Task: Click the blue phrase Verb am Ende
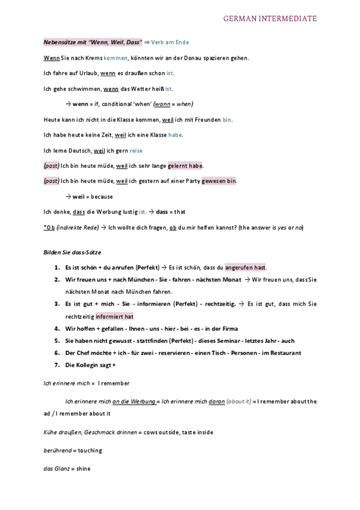coord(171,43)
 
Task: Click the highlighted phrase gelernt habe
coord(185,165)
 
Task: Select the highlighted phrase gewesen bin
coord(219,180)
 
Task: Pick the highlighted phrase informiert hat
coord(114,316)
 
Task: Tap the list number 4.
coord(56,328)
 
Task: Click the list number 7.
coord(56,365)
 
